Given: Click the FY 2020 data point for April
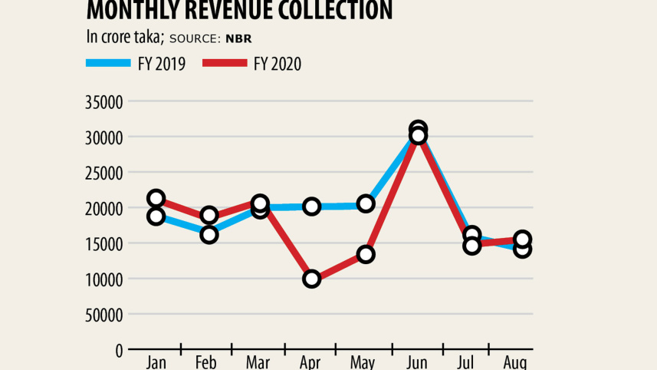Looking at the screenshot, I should [x=311, y=279].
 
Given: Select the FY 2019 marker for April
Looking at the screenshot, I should [x=311, y=206].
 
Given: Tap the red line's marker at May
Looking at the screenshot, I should [x=366, y=254].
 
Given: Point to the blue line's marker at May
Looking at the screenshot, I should [x=366, y=203].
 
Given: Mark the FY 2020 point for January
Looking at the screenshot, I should [x=156, y=199].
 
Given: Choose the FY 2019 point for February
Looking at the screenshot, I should [x=209, y=235].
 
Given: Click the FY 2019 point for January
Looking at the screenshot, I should [x=156, y=216].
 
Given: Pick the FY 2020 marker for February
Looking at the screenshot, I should [x=209, y=216].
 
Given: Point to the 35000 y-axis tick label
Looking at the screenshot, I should [x=104, y=102].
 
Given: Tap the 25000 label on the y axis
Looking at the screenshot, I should [x=104, y=173].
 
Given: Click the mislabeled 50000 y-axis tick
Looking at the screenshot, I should [x=104, y=315].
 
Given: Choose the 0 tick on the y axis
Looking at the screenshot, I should [x=119, y=350].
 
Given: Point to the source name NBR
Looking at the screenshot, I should [x=240, y=38].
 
